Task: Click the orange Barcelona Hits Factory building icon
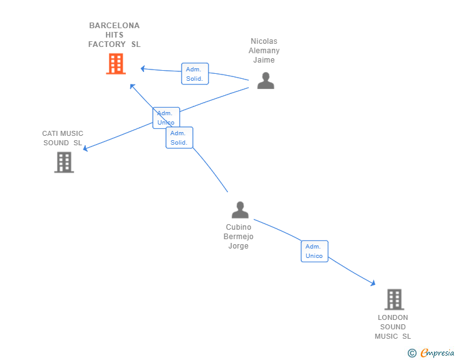(x=116, y=64)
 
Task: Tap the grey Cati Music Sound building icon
(x=64, y=162)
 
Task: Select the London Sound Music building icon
(x=395, y=299)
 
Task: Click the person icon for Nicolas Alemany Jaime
(x=266, y=81)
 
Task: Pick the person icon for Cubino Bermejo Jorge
(x=240, y=210)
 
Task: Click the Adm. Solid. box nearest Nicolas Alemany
(x=195, y=74)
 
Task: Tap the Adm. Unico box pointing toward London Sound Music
(x=314, y=251)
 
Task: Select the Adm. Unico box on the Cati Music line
(x=166, y=118)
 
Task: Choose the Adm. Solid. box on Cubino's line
(x=179, y=138)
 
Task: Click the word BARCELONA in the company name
(x=114, y=26)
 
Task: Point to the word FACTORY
(x=106, y=44)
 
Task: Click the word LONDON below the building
(x=393, y=317)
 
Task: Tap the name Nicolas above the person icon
(x=264, y=41)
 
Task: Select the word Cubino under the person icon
(x=239, y=227)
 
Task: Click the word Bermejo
(x=239, y=237)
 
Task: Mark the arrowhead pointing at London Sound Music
(x=373, y=283)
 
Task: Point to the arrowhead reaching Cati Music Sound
(x=85, y=148)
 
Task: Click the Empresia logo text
(x=437, y=352)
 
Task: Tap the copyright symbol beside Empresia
(x=412, y=353)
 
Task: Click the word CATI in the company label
(x=49, y=133)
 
